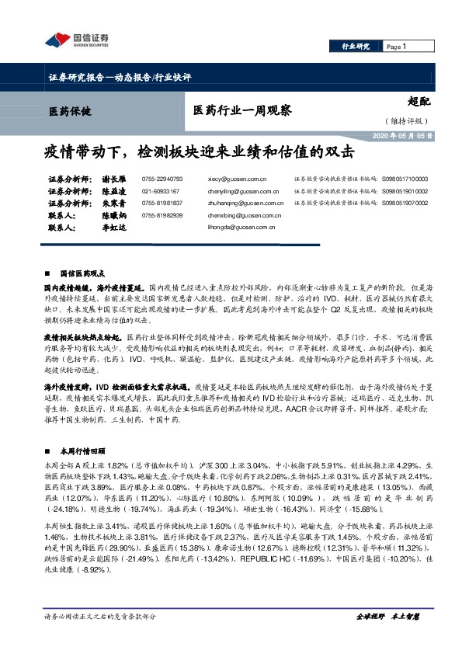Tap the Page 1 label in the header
click(x=397, y=47)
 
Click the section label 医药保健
click(x=70, y=112)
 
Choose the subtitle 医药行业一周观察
click(x=241, y=110)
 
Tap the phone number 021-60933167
click(x=161, y=190)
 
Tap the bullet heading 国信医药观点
click(x=82, y=273)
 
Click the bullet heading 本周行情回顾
click(x=82, y=450)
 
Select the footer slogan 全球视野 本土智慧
click(x=387, y=638)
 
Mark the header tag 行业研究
click(x=356, y=47)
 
